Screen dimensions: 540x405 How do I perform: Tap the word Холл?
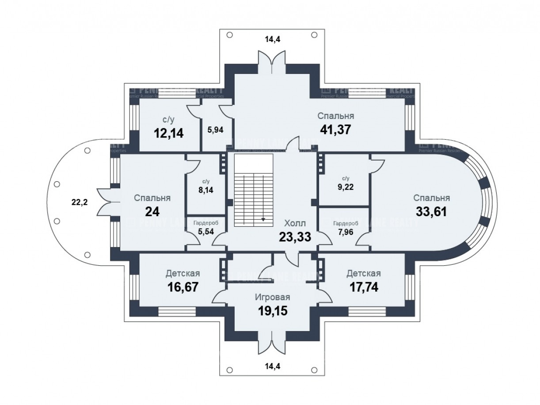click(x=295, y=224)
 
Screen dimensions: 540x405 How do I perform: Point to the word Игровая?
click(x=273, y=297)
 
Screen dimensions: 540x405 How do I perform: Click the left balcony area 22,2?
click(x=80, y=202)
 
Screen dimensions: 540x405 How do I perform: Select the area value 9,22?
click(x=345, y=187)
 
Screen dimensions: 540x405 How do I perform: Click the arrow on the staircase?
click(x=264, y=219)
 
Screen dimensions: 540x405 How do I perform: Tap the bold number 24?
click(x=152, y=211)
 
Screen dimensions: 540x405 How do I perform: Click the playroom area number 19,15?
click(x=273, y=310)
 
